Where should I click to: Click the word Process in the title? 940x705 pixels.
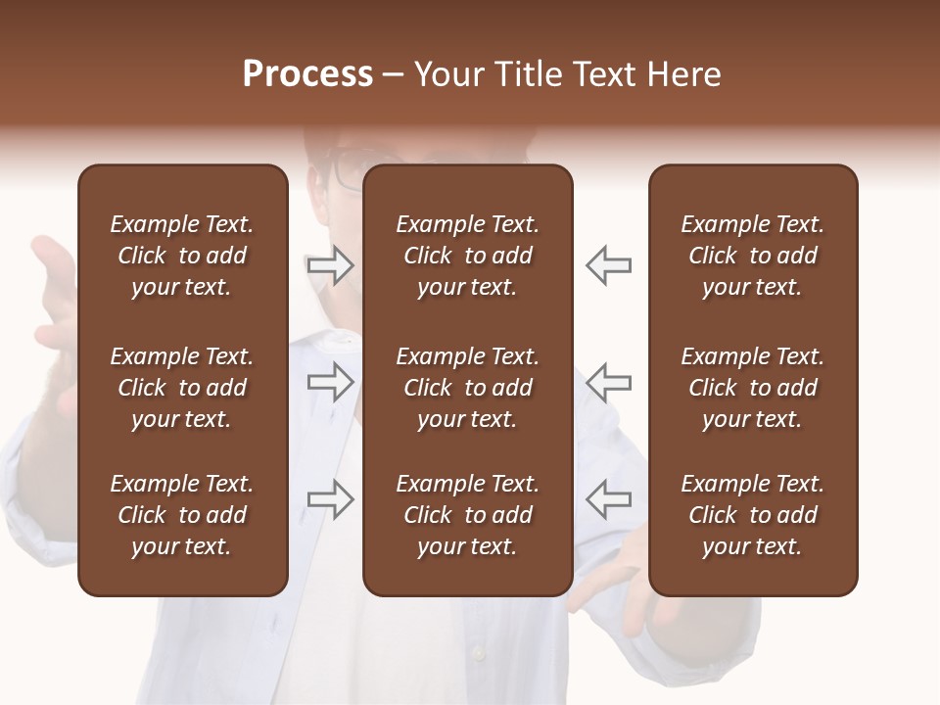point(307,74)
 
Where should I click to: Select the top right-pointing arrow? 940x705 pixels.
point(330,265)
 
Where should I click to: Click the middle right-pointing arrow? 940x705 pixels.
point(330,383)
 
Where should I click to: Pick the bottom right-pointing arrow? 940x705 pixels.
point(330,499)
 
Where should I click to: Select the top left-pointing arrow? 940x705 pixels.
point(609,265)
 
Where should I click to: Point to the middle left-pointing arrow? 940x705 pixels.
point(609,383)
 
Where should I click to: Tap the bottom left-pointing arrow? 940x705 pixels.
point(609,499)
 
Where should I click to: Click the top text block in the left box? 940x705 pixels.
point(182,256)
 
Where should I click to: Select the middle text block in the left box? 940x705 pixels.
point(182,388)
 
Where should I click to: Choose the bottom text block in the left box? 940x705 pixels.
point(182,515)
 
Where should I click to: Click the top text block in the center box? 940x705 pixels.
point(468,256)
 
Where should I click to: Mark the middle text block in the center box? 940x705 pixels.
point(468,388)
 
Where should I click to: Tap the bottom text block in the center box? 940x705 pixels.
point(468,515)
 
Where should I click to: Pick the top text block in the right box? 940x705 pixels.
point(753,256)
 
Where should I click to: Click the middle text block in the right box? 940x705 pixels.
point(753,388)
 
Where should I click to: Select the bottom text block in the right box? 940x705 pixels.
point(753,515)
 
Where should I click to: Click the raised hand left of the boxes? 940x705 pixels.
point(54,284)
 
